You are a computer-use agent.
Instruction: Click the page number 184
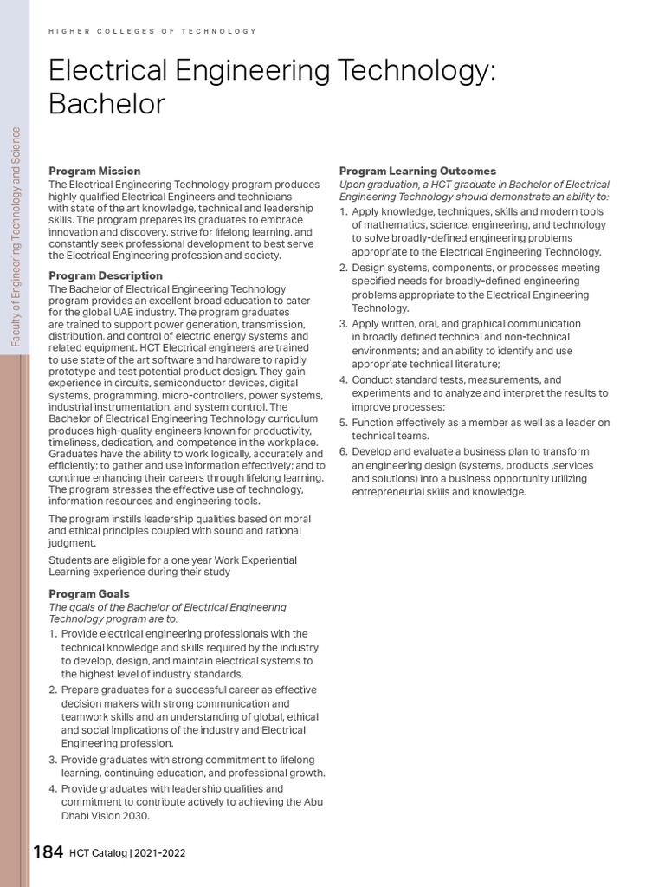(x=48, y=852)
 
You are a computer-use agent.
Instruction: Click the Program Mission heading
(x=94, y=171)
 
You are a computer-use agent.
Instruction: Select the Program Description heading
(x=106, y=275)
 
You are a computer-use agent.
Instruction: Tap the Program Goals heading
(x=89, y=593)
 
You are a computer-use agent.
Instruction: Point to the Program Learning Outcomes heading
(x=417, y=171)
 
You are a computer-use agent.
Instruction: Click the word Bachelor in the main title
(x=107, y=104)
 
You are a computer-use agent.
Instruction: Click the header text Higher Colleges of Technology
(x=152, y=31)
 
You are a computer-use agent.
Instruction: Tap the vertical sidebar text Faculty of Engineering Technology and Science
(x=16, y=236)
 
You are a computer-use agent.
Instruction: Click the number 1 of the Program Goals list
(x=52, y=634)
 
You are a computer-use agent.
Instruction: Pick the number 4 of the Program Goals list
(x=52, y=789)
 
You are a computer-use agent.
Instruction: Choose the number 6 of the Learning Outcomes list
(x=343, y=451)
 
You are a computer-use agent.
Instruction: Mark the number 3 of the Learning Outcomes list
(x=343, y=324)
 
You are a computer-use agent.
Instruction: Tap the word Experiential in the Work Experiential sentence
(x=261, y=560)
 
